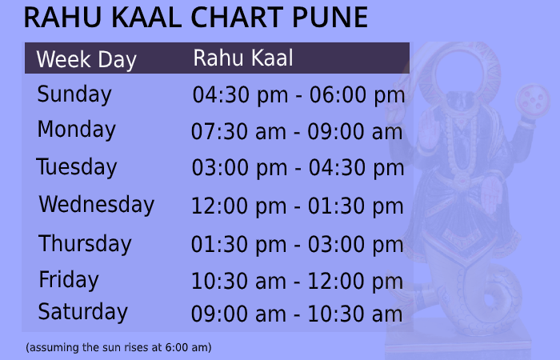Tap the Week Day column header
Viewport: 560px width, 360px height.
tap(86, 60)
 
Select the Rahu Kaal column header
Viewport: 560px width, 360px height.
tap(243, 58)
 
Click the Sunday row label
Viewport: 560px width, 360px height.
tap(74, 94)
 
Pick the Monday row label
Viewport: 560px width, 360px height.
tap(77, 130)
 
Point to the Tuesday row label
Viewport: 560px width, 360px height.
tap(77, 167)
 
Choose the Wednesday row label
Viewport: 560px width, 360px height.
tap(96, 205)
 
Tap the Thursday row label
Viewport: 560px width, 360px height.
tap(85, 243)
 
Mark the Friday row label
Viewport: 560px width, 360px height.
tap(69, 280)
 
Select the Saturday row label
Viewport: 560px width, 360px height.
tap(83, 312)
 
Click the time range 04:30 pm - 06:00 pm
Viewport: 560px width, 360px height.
tap(298, 96)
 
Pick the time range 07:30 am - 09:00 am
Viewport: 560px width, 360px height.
tap(297, 132)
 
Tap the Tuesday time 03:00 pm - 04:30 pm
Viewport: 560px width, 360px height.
tap(298, 169)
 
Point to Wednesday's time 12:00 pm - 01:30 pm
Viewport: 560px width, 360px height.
tap(298, 206)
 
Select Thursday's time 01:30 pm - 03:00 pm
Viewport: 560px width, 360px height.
tap(298, 245)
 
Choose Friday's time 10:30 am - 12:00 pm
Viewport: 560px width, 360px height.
tap(298, 282)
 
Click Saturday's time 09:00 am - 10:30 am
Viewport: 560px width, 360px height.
tap(297, 314)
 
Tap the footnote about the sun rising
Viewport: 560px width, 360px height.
tap(118, 348)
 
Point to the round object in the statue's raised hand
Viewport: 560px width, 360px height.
tap(534, 102)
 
